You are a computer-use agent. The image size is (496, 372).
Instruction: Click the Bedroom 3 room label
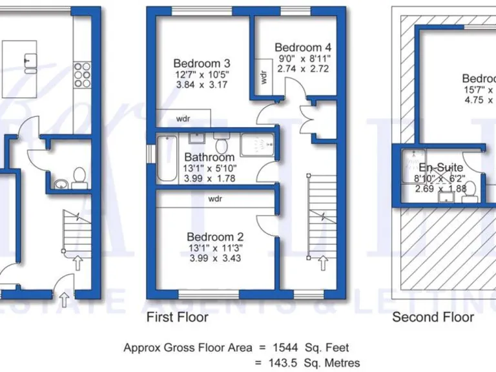pos(201,63)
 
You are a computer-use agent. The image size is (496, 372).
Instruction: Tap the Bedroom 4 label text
pos(303,47)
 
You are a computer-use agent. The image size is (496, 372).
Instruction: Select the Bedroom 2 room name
pos(215,236)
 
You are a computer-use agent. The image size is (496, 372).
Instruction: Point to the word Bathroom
pos(209,157)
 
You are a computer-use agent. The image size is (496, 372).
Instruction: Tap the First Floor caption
pos(178,317)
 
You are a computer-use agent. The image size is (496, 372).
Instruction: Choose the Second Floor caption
pos(433,317)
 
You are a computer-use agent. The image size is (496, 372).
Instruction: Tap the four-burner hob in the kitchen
pos(82,74)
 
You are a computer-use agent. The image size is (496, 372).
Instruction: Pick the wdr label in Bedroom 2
pos(215,199)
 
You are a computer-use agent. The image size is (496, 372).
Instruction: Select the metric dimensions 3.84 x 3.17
pos(201,85)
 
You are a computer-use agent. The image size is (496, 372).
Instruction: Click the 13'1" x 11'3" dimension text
pos(215,247)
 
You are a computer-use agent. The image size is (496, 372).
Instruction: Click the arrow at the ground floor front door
pos(64,298)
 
